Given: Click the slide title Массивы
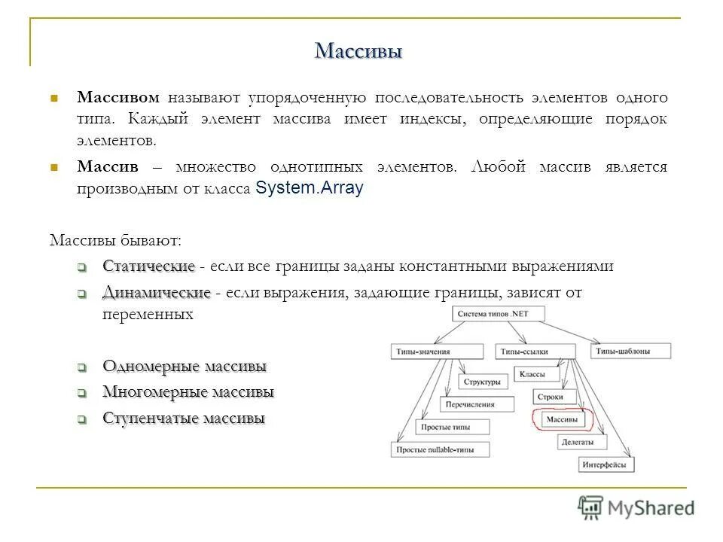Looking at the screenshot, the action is coord(358,51).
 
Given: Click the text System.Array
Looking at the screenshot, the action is coord(310,189).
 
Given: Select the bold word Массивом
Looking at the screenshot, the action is coord(119,98).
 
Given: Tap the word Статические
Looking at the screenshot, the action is coord(149,266).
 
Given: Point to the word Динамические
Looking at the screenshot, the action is coord(156,292).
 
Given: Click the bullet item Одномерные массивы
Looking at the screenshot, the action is coord(185,367).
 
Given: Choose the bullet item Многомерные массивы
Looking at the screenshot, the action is coord(188,392).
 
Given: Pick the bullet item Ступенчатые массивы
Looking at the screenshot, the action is coord(184,419).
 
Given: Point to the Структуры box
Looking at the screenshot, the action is coord(481,382).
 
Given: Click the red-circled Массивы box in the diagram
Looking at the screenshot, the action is coord(563,419).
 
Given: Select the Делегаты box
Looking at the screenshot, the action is coord(578,443).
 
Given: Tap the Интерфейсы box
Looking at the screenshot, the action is coord(604,464).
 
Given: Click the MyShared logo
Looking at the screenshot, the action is coord(636,507).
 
